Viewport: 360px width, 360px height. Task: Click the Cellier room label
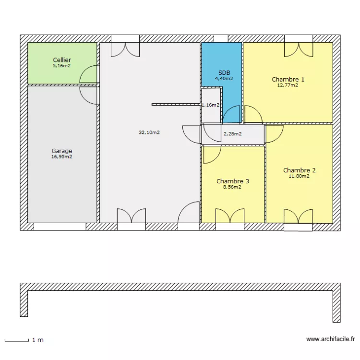pyautogui.click(x=62, y=60)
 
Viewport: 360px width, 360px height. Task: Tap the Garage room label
pyautogui.click(x=62, y=151)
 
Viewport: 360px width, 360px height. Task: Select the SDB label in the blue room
pyautogui.click(x=224, y=72)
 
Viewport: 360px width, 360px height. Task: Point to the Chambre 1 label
pyautogui.click(x=288, y=80)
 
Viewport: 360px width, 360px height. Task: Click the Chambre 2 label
pyautogui.click(x=299, y=170)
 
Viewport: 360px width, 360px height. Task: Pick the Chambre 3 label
pyautogui.click(x=232, y=181)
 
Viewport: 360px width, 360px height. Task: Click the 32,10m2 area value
pyautogui.click(x=149, y=132)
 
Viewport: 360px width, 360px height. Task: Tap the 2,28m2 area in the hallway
pyautogui.click(x=232, y=134)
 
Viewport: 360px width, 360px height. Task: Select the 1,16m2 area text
pyautogui.click(x=211, y=105)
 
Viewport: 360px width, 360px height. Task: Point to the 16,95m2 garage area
pyautogui.click(x=62, y=156)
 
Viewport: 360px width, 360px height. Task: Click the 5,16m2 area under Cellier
pyautogui.click(x=62, y=66)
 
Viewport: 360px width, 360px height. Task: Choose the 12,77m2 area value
pyautogui.click(x=288, y=85)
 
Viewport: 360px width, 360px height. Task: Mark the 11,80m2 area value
pyautogui.click(x=299, y=176)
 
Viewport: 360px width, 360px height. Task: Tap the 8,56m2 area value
pyautogui.click(x=232, y=187)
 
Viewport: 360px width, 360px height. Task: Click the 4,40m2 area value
pyautogui.click(x=224, y=78)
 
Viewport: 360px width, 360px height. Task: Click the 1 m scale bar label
pyautogui.click(x=38, y=340)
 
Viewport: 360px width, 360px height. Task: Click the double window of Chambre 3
pyautogui.click(x=230, y=217)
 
